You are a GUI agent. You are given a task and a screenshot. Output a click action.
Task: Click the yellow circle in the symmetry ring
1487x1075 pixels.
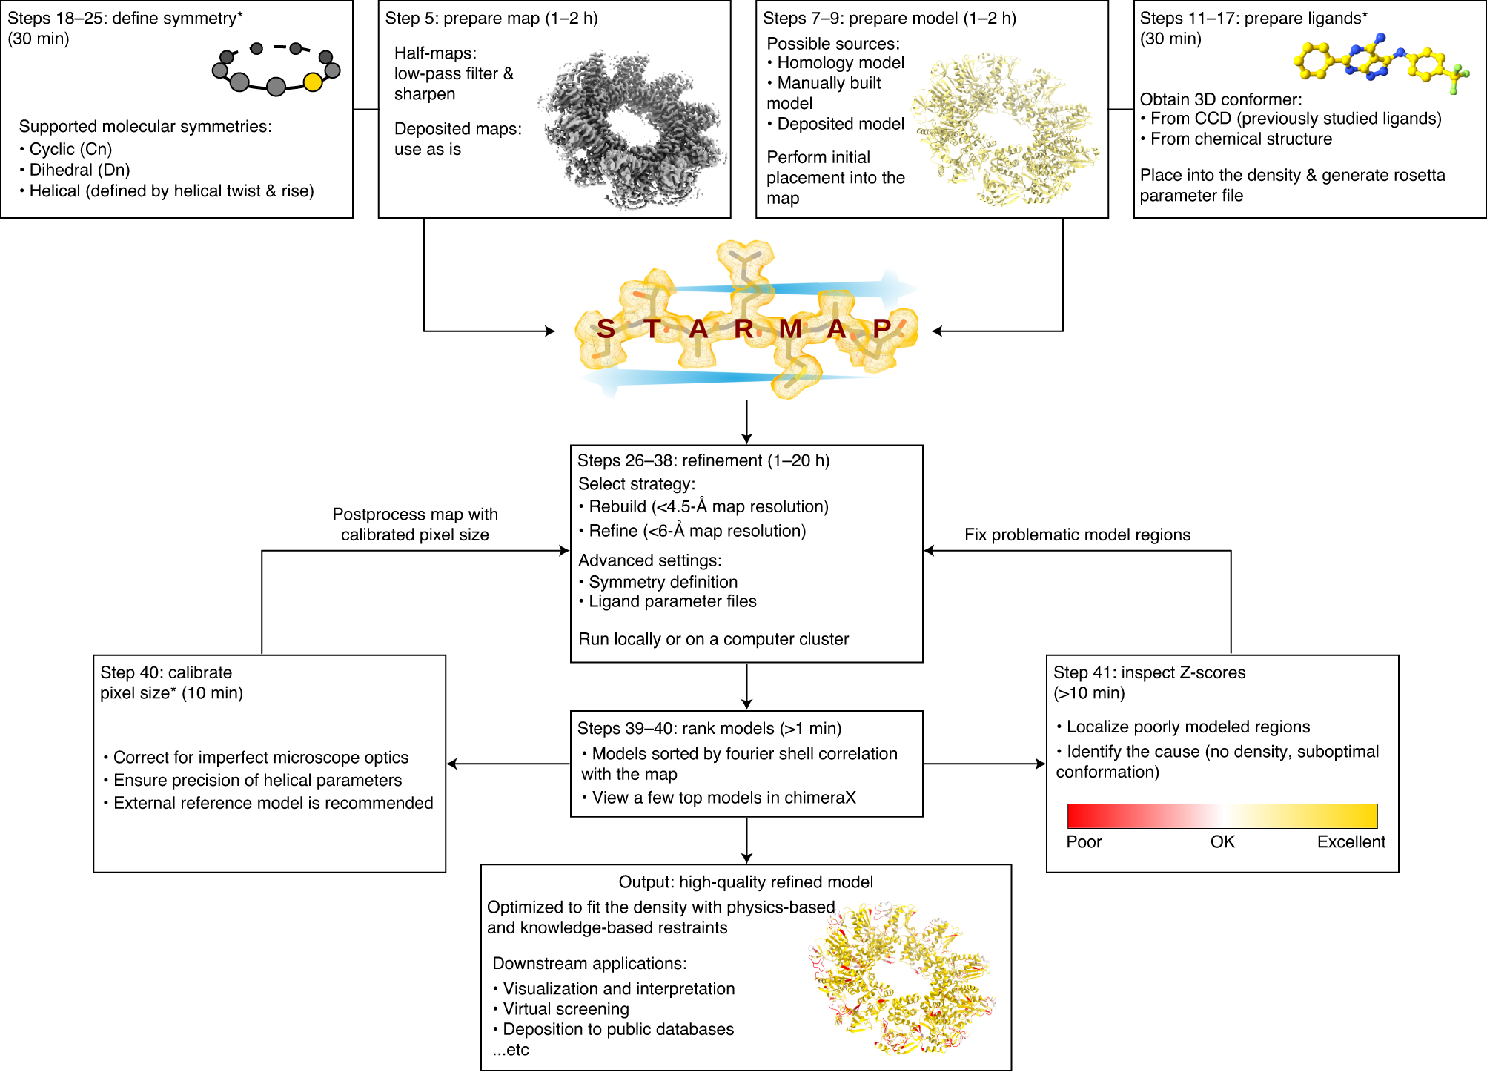313,82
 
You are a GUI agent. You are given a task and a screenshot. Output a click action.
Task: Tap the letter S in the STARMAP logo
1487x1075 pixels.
606,328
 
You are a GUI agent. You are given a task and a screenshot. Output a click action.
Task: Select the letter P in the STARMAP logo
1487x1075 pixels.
881,328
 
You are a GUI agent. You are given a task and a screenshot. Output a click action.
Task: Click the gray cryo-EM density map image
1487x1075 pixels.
632,130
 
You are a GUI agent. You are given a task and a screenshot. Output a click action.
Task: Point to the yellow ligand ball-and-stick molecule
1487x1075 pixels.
1379,64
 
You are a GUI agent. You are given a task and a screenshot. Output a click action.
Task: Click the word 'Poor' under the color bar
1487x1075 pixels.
1084,842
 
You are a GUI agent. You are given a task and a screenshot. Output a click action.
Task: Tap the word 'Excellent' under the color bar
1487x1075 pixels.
1351,842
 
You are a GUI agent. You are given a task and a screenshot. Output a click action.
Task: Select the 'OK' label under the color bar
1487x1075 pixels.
1222,842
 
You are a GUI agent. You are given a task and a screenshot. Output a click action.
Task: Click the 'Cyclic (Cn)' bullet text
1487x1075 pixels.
70,149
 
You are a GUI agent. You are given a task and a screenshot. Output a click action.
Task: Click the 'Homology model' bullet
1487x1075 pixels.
841,63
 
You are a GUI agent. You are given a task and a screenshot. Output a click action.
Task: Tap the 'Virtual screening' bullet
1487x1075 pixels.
566,1009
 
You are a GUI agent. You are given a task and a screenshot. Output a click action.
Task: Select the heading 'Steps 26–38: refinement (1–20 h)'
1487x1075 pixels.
703,460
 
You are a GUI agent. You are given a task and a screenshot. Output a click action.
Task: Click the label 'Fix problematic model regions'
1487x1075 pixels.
1077,535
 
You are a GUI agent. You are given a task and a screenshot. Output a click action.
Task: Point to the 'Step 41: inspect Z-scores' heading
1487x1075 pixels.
1149,672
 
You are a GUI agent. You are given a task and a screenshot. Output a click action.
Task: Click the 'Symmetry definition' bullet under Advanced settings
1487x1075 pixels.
663,582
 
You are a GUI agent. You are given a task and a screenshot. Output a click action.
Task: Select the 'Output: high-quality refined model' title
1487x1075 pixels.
746,882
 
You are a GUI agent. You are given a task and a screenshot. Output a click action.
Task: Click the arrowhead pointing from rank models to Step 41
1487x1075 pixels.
1039,764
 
